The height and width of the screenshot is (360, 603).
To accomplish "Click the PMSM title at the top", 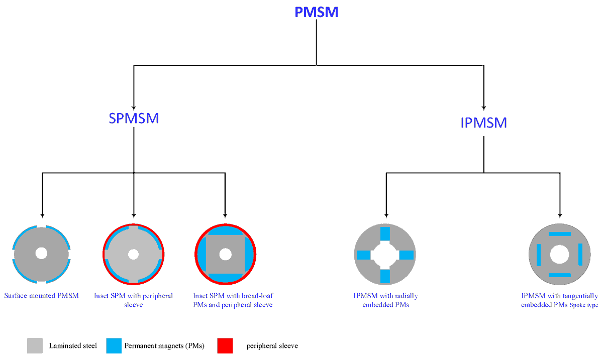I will [316, 12].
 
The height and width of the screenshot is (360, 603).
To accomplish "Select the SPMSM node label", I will [134, 118].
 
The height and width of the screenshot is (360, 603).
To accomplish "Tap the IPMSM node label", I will [483, 123].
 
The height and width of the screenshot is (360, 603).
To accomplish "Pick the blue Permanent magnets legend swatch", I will [114, 345].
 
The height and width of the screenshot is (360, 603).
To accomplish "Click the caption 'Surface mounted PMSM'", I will [42, 296].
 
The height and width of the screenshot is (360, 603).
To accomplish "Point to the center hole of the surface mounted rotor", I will [41, 254].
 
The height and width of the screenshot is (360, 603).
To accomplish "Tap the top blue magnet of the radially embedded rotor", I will [385, 234].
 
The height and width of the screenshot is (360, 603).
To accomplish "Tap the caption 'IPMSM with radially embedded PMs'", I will [385, 300].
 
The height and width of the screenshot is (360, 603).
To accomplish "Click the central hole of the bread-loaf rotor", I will [225, 255].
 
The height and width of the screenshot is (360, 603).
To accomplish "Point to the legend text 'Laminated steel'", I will [73, 345].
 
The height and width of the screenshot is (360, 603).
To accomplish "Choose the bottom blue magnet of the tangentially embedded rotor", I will [559, 275].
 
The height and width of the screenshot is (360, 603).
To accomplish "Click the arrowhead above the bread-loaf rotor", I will [225, 212].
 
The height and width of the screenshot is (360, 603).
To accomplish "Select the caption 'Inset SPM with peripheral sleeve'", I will [134, 300].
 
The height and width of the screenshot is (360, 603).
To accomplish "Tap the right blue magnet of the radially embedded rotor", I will [406, 255].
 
